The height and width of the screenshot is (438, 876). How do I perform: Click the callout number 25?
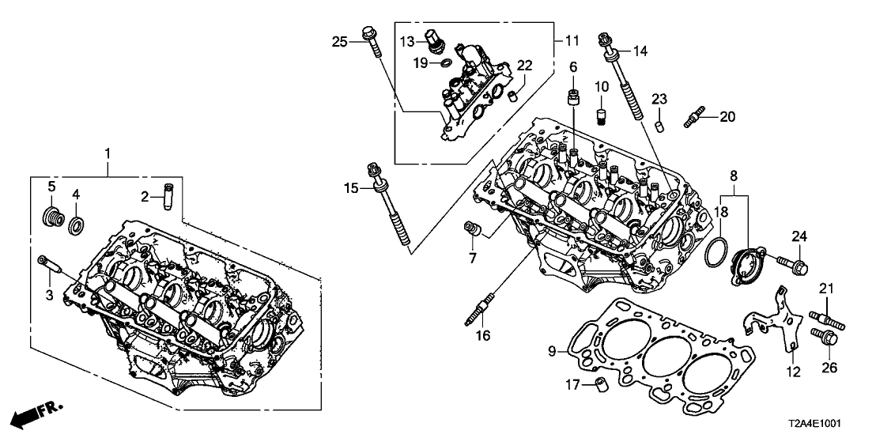point(339,41)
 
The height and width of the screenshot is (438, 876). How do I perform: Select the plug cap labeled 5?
point(53,217)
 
